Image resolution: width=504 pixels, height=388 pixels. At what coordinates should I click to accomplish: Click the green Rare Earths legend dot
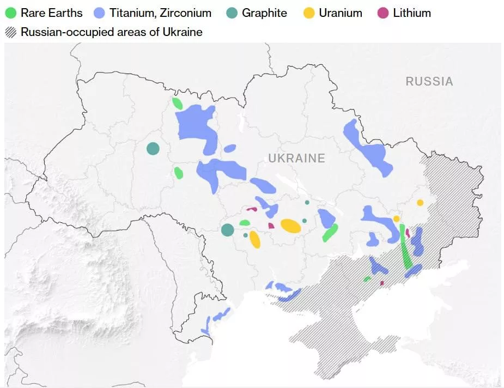(11, 13)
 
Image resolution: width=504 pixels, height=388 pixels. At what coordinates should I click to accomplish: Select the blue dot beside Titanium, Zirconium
(100, 13)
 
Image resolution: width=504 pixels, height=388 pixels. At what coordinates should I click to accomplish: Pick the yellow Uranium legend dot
(309, 13)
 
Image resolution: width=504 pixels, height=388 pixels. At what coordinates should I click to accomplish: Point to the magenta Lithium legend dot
(383, 13)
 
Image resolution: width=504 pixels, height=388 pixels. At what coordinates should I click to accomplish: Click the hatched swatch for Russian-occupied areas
(11, 32)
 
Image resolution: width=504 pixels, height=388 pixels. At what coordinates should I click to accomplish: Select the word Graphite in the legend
(264, 13)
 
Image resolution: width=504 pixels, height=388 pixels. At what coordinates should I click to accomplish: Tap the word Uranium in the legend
(341, 13)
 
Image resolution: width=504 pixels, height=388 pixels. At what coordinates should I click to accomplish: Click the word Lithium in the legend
(412, 13)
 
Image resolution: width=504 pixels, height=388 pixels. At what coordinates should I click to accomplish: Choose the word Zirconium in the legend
(185, 13)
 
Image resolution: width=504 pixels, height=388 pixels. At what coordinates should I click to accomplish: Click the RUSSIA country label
(429, 82)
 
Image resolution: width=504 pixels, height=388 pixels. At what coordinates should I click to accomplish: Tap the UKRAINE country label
(296, 159)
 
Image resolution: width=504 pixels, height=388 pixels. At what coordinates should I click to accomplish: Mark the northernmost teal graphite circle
(153, 148)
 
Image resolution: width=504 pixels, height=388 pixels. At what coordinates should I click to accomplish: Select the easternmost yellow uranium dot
(420, 203)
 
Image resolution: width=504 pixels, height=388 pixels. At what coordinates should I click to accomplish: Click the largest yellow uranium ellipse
(290, 226)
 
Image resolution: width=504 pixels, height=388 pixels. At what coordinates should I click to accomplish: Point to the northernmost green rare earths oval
(177, 104)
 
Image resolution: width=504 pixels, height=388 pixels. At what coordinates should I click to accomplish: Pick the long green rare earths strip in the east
(405, 248)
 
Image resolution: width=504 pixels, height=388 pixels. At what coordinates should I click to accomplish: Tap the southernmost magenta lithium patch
(382, 283)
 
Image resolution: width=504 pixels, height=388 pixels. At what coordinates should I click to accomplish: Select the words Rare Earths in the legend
(51, 13)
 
